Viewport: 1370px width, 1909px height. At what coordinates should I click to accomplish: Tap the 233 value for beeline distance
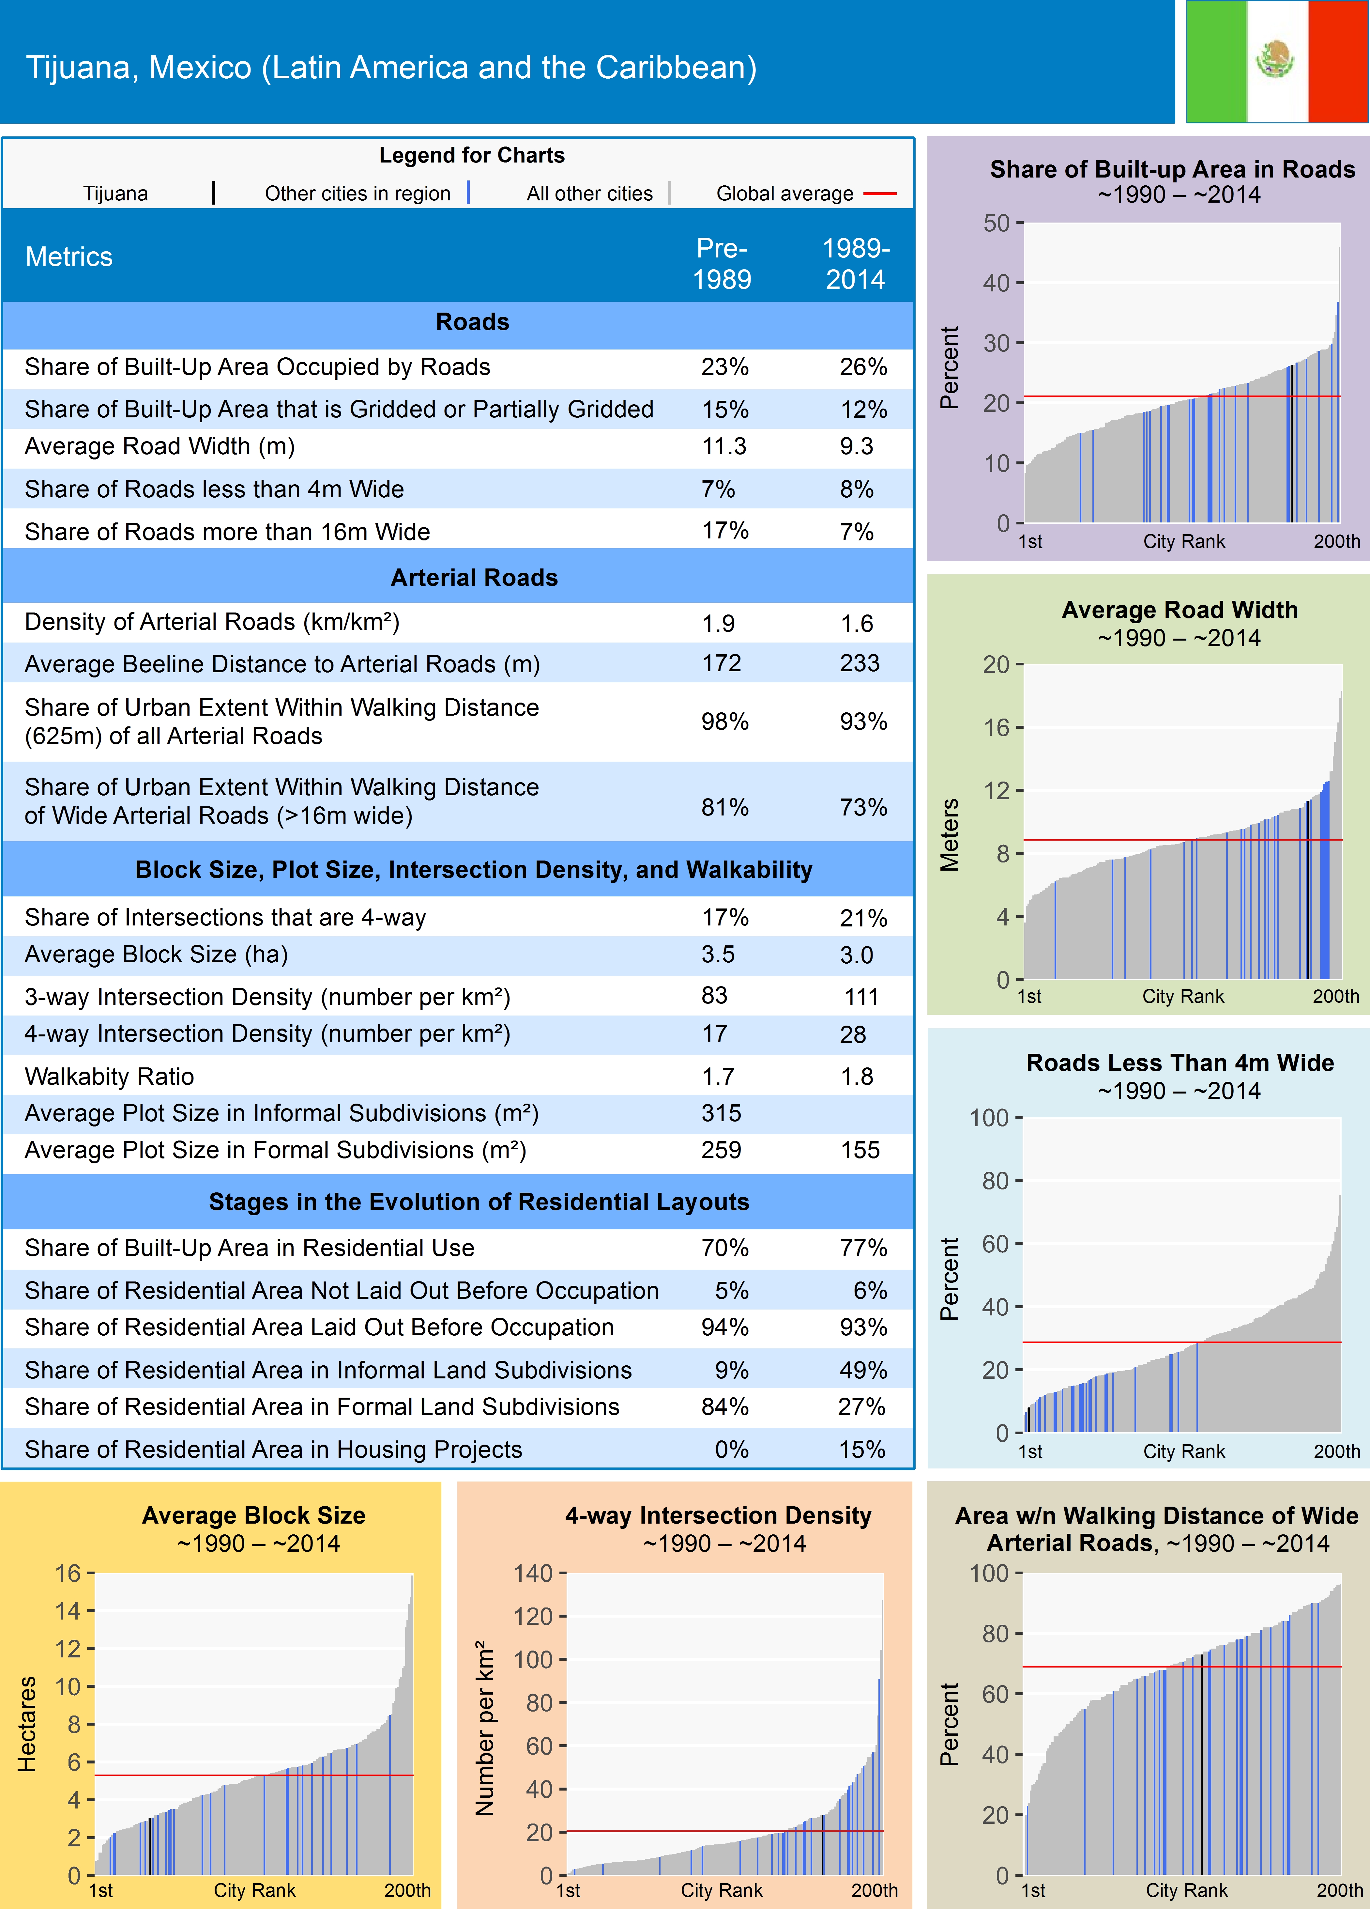click(x=859, y=663)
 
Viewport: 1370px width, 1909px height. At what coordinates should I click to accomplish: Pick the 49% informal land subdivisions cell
click(x=862, y=1370)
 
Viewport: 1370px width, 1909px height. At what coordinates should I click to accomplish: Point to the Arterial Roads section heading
click(x=474, y=577)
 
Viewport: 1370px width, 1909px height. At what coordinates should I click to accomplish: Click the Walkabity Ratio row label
click(x=109, y=1077)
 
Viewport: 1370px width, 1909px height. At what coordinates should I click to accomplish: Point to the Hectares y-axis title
click(x=27, y=1725)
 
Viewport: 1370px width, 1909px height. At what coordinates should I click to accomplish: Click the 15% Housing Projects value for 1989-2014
click(x=862, y=1450)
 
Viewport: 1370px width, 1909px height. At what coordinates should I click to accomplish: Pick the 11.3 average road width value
click(x=724, y=446)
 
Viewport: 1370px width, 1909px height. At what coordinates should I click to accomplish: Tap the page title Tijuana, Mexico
click(x=391, y=67)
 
